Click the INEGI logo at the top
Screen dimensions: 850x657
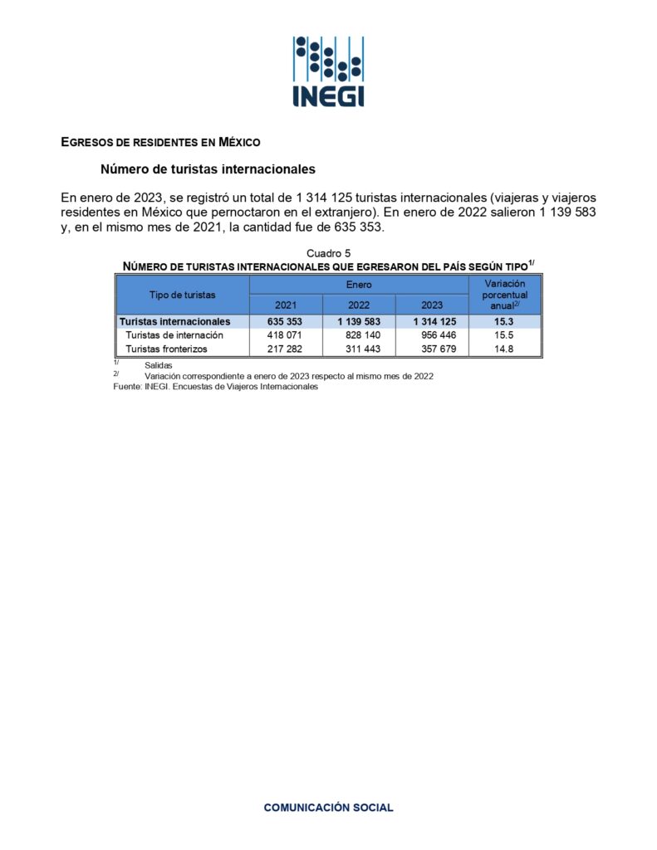[328, 71]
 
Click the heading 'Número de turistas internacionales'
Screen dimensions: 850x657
[208, 169]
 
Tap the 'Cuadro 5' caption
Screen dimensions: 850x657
[328, 252]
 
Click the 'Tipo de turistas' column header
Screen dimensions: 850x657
[182, 295]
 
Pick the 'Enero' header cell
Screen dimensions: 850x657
[359, 285]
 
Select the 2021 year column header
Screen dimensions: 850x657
[286, 305]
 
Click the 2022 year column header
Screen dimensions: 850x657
[359, 305]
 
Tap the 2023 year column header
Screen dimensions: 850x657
[432, 305]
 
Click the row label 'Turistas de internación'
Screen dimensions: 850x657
[174, 335]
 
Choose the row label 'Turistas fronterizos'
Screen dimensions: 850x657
[166, 349]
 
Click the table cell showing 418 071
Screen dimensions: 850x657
[285, 335]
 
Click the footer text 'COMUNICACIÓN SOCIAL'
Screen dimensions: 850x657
[328, 807]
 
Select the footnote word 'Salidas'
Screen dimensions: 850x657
[158, 365]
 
